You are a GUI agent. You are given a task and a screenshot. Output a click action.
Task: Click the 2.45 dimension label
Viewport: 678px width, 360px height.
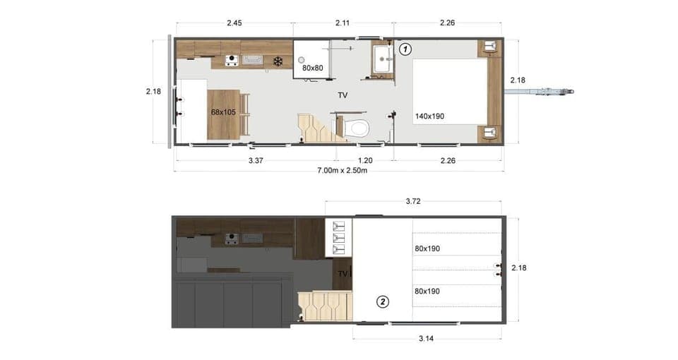234,23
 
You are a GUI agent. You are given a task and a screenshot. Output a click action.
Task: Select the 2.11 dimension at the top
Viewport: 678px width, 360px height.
343,23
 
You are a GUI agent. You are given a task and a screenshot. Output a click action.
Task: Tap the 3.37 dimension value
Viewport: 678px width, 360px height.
256,160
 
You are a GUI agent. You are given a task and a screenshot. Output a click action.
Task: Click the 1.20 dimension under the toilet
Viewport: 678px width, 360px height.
365,160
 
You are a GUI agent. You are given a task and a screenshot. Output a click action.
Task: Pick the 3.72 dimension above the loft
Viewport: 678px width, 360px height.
414,201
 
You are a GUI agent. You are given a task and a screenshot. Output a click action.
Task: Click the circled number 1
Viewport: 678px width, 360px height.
405,49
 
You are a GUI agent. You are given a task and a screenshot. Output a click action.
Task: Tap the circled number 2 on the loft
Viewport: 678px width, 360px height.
383,301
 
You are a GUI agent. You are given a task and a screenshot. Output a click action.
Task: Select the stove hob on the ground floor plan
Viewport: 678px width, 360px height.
231,61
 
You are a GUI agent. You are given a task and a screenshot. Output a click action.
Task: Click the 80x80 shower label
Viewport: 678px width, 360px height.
313,68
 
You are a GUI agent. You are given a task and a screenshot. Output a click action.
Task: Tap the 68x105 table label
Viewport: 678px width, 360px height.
222,112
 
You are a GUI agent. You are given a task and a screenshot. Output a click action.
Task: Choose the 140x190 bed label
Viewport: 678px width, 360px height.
429,116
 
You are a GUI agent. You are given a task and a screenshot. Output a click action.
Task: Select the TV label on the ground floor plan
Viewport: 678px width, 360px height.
342,95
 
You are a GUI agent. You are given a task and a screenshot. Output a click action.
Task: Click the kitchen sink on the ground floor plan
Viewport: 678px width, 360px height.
254,61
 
